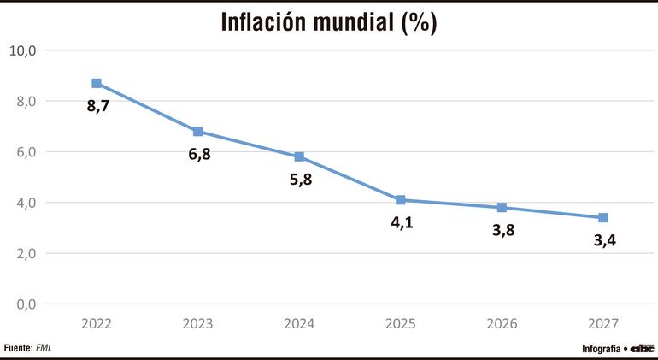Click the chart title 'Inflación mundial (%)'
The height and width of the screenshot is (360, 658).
[329, 22]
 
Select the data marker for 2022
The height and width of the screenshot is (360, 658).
[97, 83]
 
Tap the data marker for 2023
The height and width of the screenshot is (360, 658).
[197, 132]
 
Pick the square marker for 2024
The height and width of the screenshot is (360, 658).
[299, 156]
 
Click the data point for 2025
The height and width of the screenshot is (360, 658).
[400, 200]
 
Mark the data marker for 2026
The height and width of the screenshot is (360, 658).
[502, 208]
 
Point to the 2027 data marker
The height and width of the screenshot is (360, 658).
[602, 218]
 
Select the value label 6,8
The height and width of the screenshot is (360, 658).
[199, 156]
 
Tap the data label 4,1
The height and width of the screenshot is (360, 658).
[402, 224]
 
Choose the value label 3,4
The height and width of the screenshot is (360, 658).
[604, 241]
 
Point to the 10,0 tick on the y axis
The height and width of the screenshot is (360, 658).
[22, 50]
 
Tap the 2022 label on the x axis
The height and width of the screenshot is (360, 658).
[97, 324]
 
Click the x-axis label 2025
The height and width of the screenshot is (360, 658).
[400, 324]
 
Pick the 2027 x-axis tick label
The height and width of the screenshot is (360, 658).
[602, 324]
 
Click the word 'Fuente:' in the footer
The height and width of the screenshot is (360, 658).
[18, 348]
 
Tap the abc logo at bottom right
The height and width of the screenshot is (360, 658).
[642, 348]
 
